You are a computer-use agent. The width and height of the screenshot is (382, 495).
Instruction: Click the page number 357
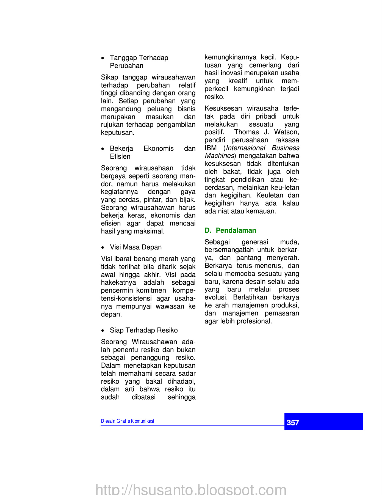[x=293, y=422]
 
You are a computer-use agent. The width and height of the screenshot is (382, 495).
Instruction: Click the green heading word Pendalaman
[x=236, y=230]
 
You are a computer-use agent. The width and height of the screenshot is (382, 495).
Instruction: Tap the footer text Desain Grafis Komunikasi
[x=127, y=421]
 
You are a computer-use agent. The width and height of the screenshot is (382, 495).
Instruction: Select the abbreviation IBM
[x=211, y=148]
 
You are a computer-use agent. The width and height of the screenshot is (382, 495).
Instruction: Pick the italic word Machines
[x=219, y=156]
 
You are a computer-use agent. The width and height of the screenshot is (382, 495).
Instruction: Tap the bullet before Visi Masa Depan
[x=103, y=248]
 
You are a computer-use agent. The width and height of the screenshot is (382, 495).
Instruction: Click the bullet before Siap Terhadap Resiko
[x=103, y=331]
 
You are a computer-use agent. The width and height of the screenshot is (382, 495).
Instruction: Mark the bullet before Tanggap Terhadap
[x=103, y=58]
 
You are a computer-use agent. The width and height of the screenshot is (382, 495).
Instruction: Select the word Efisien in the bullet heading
[x=120, y=156]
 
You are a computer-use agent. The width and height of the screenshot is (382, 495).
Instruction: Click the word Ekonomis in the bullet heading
[x=159, y=148]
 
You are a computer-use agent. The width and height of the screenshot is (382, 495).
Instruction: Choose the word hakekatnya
[x=118, y=282]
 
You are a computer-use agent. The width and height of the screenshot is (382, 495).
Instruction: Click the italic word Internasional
[x=245, y=148]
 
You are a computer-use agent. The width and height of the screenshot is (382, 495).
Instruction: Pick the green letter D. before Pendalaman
[x=208, y=230]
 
